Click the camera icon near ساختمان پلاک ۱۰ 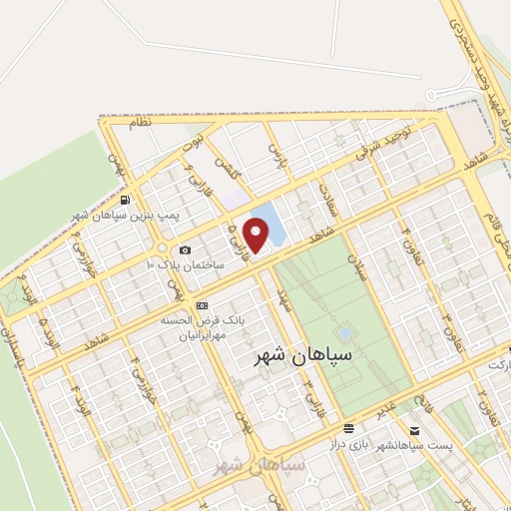(x=184, y=250)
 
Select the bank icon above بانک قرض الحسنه (x=203, y=304)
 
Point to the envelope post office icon (x=415, y=432)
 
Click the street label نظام (x=141, y=122)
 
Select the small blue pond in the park (x=345, y=331)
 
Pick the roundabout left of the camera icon (x=159, y=249)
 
